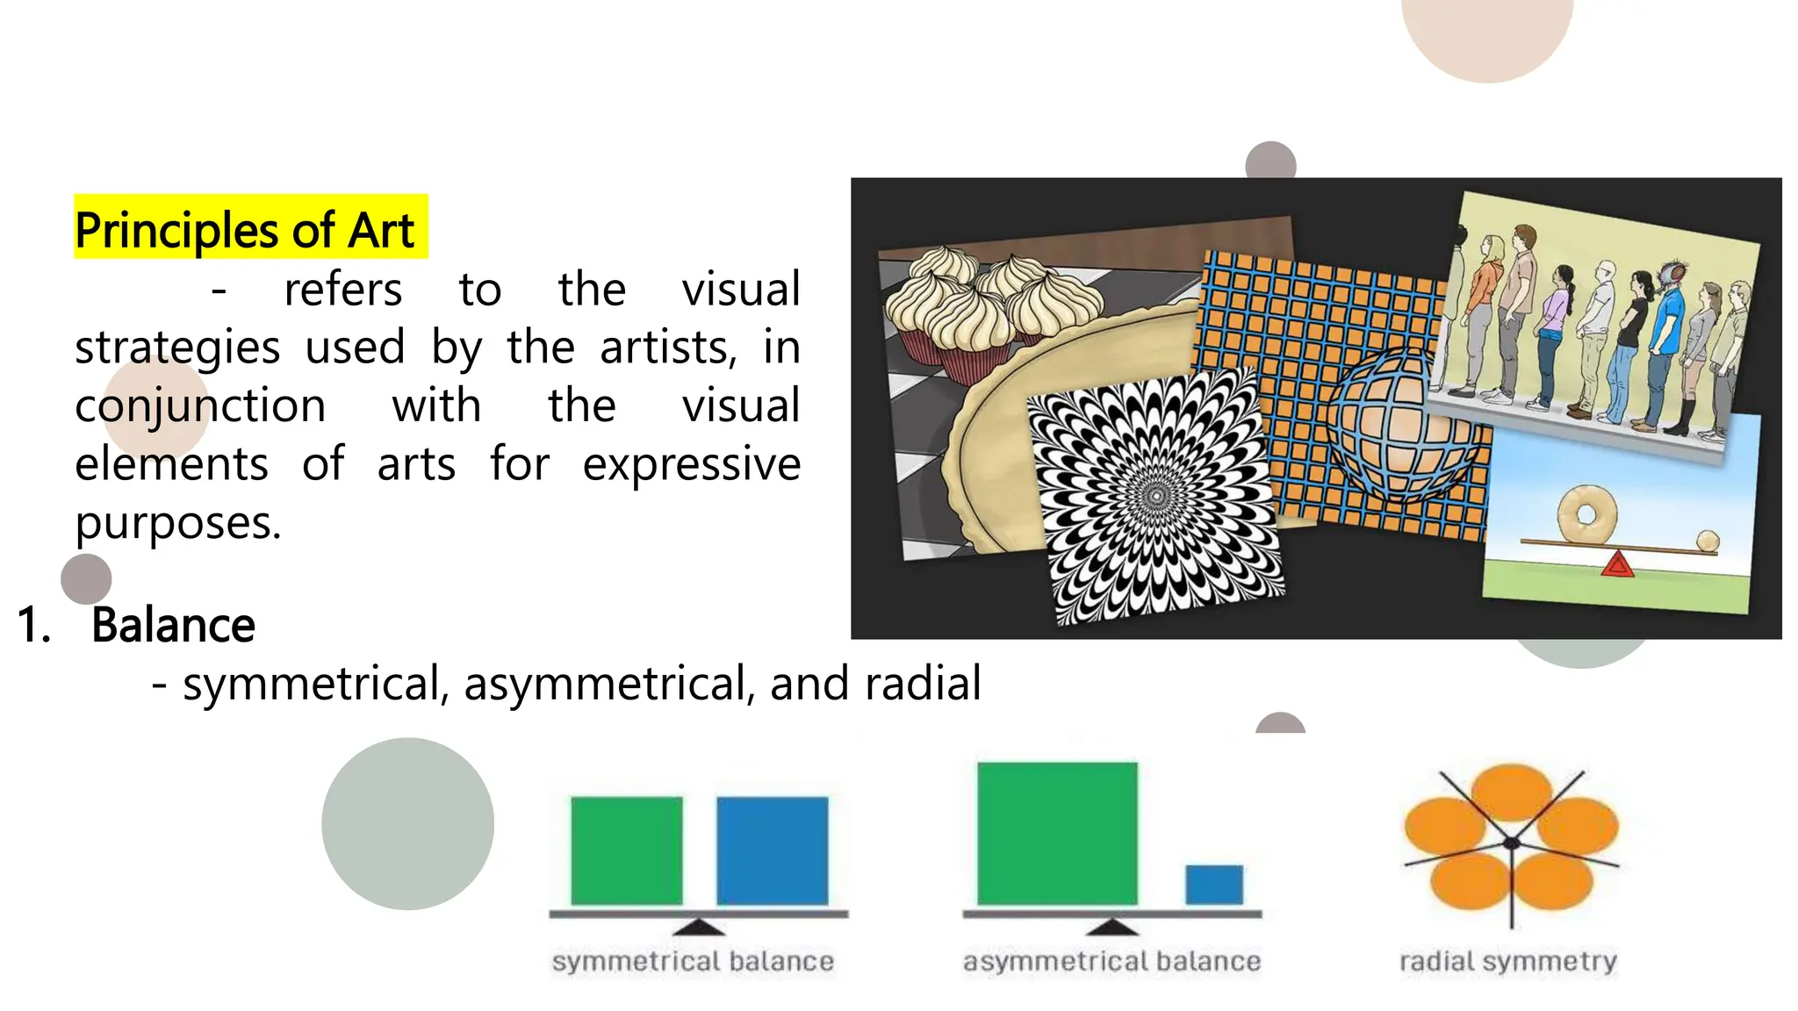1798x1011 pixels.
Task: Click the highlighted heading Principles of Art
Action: (x=245, y=230)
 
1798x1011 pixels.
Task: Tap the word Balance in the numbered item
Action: (x=173, y=626)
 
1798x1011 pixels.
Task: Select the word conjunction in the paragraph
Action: (x=200, y=406)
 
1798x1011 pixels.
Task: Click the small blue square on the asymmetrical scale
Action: (x=1214, y=885)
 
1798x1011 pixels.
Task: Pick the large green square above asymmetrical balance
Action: (x=1057, y=833)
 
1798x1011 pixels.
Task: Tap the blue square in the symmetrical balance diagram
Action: (x=773, y=850)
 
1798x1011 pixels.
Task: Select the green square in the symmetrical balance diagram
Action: (x=627, y=850)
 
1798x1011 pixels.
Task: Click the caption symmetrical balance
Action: (x=693, y=962)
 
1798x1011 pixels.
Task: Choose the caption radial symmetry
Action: (x=1508, y=962)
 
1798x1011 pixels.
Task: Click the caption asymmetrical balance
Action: (x=1111, y=962)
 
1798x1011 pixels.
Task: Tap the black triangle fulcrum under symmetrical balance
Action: (x=699, y=927)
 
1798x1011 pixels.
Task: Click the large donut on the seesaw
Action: (x=1586, y=514)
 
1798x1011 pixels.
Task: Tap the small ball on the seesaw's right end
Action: (x=1708, y=541)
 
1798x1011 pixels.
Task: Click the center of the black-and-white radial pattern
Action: (x=1157, y=497)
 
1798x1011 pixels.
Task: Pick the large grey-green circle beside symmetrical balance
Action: (x=407, y=823)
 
